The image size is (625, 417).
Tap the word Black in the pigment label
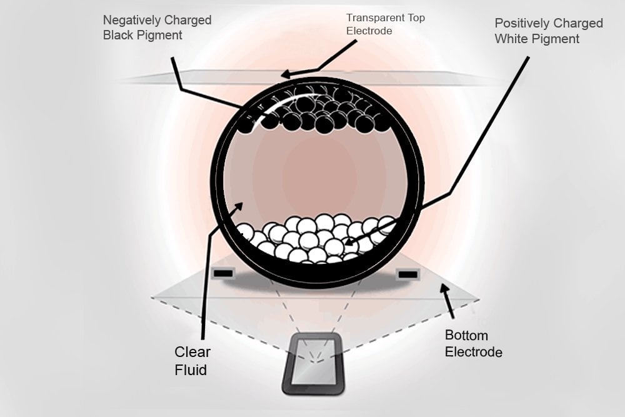tap(118, 36)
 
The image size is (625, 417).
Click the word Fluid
tap(191, 370)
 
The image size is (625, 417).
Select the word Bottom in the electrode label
tap(466, 336)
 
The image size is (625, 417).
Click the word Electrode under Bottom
tap(473, 352)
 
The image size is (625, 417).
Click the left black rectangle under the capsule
tap(223, 273)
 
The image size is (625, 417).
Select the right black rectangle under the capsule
tap(407, 274)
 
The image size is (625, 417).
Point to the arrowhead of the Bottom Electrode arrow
tap(444, 288)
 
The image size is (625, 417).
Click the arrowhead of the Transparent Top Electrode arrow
tap(284, 75)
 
